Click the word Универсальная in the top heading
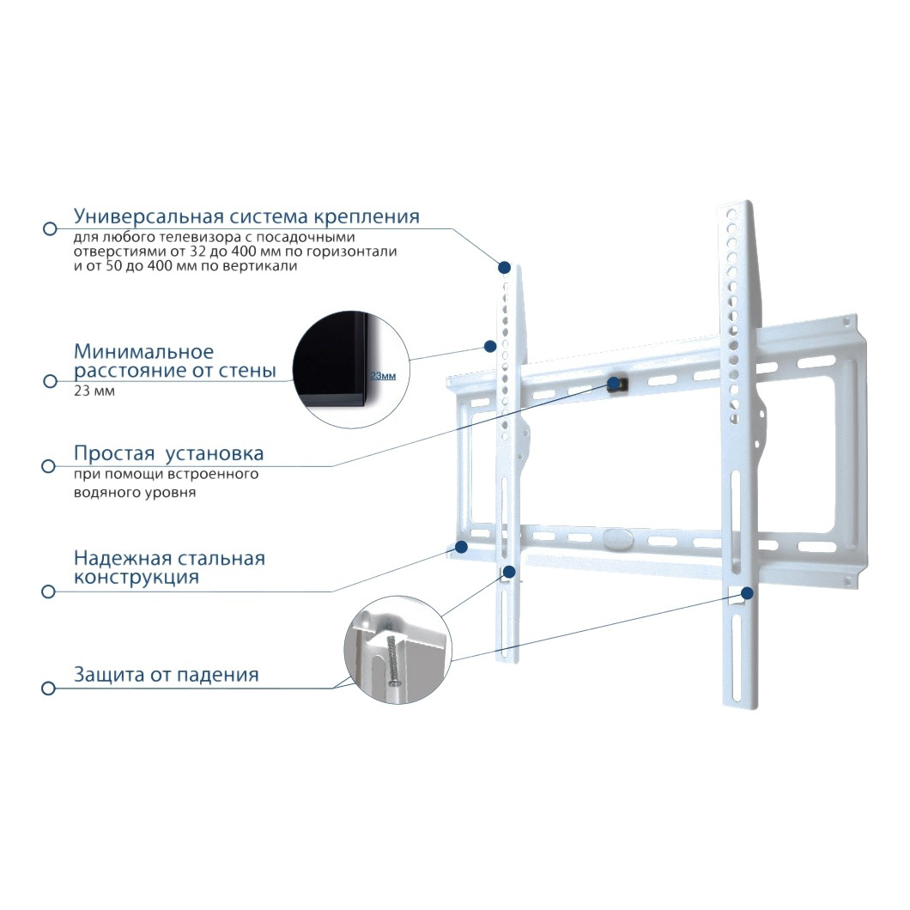149,216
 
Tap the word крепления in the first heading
367,216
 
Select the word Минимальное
143,352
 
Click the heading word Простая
113,453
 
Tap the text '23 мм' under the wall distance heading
94,391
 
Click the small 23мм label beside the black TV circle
383,376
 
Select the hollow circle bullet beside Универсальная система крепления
50,228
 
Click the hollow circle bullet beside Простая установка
49,466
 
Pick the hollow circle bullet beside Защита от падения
49,689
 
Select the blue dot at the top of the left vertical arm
505,268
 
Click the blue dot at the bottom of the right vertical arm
748,593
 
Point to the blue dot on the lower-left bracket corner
462,547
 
